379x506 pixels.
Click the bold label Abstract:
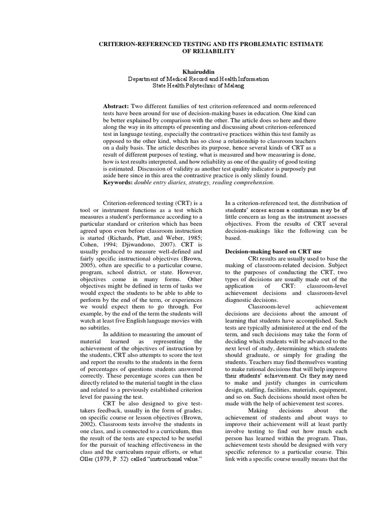point(115,106)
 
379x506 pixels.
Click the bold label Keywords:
point(119,182)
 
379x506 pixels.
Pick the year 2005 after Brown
point(90,265)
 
